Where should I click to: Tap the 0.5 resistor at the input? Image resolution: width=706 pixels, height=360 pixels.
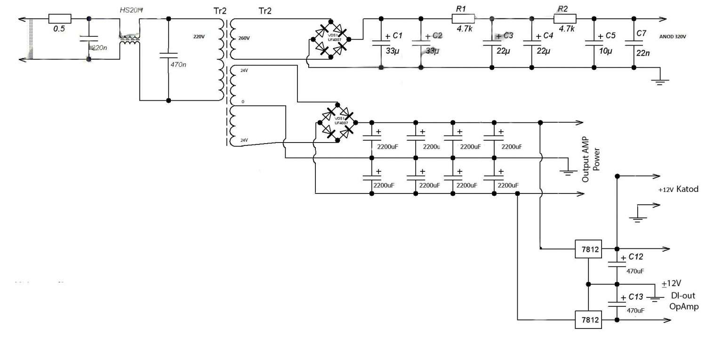point(60,19)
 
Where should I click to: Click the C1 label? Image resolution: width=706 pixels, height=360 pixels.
point(398,36)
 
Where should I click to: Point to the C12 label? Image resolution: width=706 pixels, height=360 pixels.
point(634,257)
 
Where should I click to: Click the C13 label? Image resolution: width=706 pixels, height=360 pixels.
point(634,297)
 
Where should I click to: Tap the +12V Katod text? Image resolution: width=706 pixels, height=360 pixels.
point(678,189)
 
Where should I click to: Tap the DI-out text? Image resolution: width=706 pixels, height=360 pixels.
point(682,296)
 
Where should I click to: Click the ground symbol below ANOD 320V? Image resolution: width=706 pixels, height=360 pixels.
point(659,81)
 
